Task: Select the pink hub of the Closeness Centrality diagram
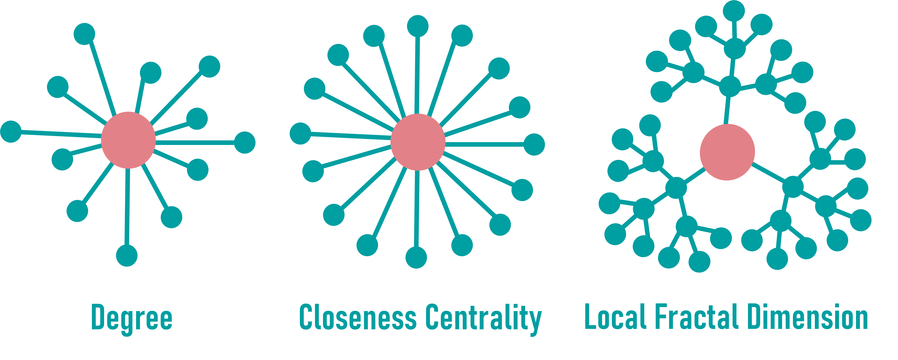tap(418, 142)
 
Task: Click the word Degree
tap(132, 318)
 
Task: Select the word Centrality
tap(484, 318)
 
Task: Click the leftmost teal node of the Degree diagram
tap(11, 132)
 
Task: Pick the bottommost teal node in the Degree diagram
tap(127, 256)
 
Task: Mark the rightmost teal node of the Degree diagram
tap(245, 143)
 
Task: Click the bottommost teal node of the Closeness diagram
tap(416, 257)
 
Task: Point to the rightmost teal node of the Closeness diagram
tap(534, 145)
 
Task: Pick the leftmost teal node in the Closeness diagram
tap(300, 133)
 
